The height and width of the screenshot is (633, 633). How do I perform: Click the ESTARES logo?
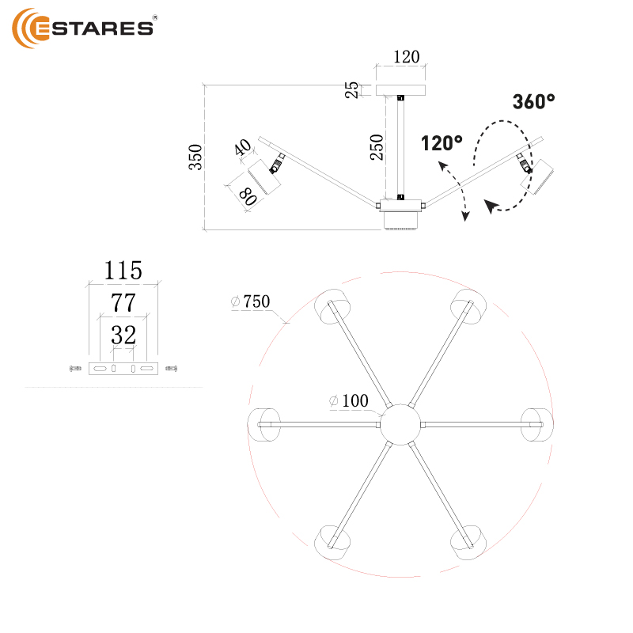click(x=83, y=28)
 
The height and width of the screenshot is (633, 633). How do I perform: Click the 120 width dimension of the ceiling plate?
click(x=406, y=57)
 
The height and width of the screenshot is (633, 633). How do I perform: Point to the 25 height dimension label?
click(x=352, y=90)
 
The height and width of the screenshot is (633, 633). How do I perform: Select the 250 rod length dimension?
click(x=377, y=147)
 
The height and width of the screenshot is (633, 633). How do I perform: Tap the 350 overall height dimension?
click(x=195, y=157)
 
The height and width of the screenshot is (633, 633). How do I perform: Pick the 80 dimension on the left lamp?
click(x=247, y=196)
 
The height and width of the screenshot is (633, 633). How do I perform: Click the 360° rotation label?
click(x=533, y=102)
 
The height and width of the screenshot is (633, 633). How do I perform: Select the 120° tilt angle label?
click(x=442, y=143)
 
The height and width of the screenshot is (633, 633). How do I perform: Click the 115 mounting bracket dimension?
click(x=123, y=271)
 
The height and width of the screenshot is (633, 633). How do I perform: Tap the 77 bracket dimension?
click(x=123, y=302)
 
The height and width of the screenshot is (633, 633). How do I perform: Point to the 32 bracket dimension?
click(x=123, y=335)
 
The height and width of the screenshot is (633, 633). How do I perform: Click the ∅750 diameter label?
click(x=251, y=301)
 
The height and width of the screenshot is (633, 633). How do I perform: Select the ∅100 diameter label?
click(x=349, y=401)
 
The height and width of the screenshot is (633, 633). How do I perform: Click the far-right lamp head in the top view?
click(x=536, y=424)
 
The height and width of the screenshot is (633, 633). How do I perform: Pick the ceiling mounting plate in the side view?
click(x=400, y=89)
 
